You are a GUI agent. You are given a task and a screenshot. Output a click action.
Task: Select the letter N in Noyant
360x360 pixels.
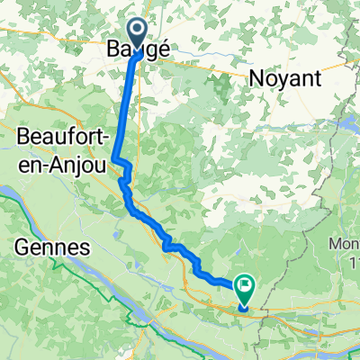point(252,79)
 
